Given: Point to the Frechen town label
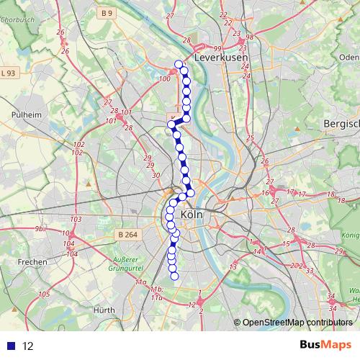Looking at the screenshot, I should point(32,261).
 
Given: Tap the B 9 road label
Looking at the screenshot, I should point(107,13).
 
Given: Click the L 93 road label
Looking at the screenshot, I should point(9,73).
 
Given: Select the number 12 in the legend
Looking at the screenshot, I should point(28,346).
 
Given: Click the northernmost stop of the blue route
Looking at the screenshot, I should point(179,64).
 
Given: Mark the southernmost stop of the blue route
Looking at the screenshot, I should point(174,276).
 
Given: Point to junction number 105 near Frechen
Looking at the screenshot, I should point(44,294).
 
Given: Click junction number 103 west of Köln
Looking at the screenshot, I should point(75,219).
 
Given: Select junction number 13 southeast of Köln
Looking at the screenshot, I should point(233,267).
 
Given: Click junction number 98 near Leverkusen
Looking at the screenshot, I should point(250,37).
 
